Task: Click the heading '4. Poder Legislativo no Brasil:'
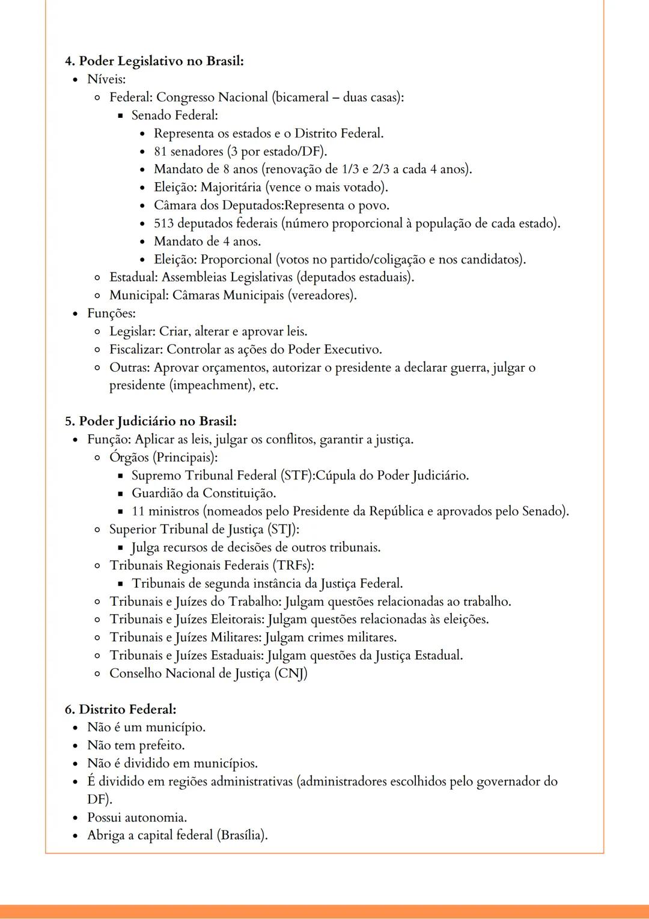point(154,61)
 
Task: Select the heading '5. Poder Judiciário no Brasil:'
point(150,421)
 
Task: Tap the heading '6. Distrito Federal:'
point(120,709)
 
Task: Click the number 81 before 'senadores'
point(160,152)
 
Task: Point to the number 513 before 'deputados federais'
point(163,224)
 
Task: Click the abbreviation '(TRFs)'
point(293,565)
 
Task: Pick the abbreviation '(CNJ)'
point(291,674)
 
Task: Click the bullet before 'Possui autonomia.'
point(75,818)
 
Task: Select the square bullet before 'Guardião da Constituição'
point(120,494)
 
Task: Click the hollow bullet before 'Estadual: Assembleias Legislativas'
point(97,278)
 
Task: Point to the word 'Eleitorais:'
point(237,619)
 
